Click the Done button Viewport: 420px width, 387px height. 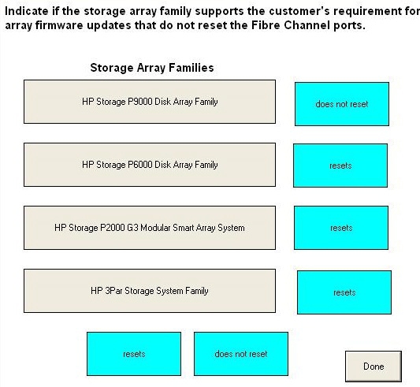(x=374, y=367)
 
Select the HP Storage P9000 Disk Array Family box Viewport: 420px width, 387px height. (x=150, y=102)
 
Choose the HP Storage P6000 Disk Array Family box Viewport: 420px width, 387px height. (x=150, y=165)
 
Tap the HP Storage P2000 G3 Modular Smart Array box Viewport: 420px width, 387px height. (x=150, y=228)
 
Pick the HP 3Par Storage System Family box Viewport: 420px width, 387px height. (x=150, y=291)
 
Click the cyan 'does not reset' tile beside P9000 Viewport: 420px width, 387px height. (x=342, y=104)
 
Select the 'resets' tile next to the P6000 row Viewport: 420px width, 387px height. (x=340, y=166)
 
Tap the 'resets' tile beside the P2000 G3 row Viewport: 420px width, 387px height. (x=341, y=228)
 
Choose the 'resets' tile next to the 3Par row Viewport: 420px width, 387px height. (x=344, y=292)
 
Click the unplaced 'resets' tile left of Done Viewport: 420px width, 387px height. (x=134, y=354)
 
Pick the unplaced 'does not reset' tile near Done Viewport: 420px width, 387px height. (x=241, y=354)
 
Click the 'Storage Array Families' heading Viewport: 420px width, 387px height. (x=152, y=68)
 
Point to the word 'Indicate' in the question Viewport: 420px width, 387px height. (x=27, y=11)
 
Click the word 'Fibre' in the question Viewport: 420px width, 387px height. (x=266, y=25)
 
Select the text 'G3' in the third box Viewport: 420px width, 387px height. (x=132, y=228)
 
